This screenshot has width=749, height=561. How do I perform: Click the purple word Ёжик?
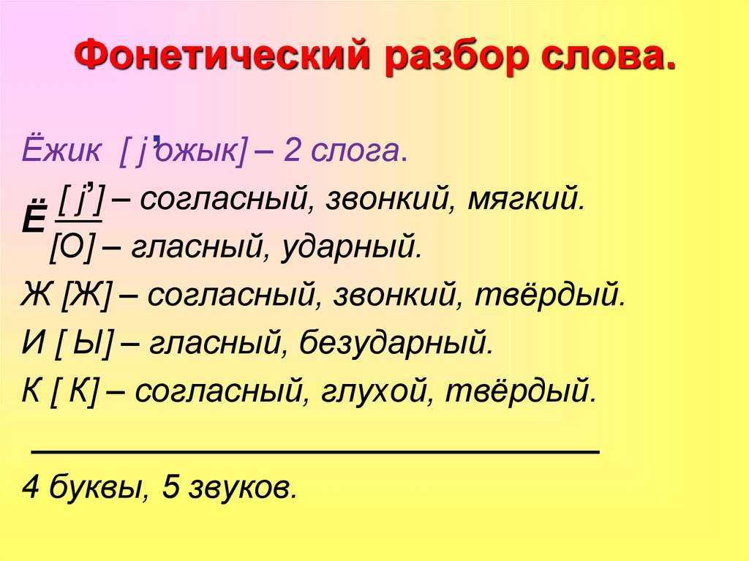pyautogui.click(x=61, y=149)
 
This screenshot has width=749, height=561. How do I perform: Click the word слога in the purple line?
pyautogui.click(x=355, y=153)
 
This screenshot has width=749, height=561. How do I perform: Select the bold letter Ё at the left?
pyautogui.click(x=34, y=217)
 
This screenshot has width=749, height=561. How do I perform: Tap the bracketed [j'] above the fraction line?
pyautogui.click(x=80, y=200)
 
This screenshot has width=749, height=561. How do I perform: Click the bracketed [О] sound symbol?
pyautogui.click(x=72, y=246)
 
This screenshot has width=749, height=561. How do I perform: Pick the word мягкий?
pyautogui.click(x=525, y=198)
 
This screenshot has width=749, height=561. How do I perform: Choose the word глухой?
pyautogui.click(x=376, y=391)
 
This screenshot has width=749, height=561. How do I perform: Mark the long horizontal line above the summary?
pyautogui.click(x=315, y=451)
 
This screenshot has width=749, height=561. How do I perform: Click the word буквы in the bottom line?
pyautogui.click(x=97, y=486)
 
